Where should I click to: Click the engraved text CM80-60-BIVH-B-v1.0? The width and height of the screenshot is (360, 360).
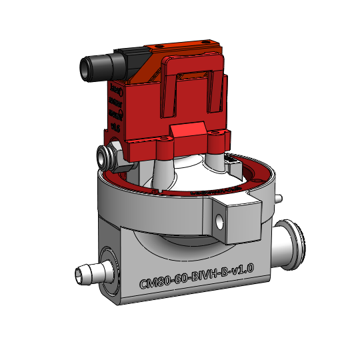[x=197, y=275]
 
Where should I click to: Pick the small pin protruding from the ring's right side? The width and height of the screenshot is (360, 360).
[x=280, y=198]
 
